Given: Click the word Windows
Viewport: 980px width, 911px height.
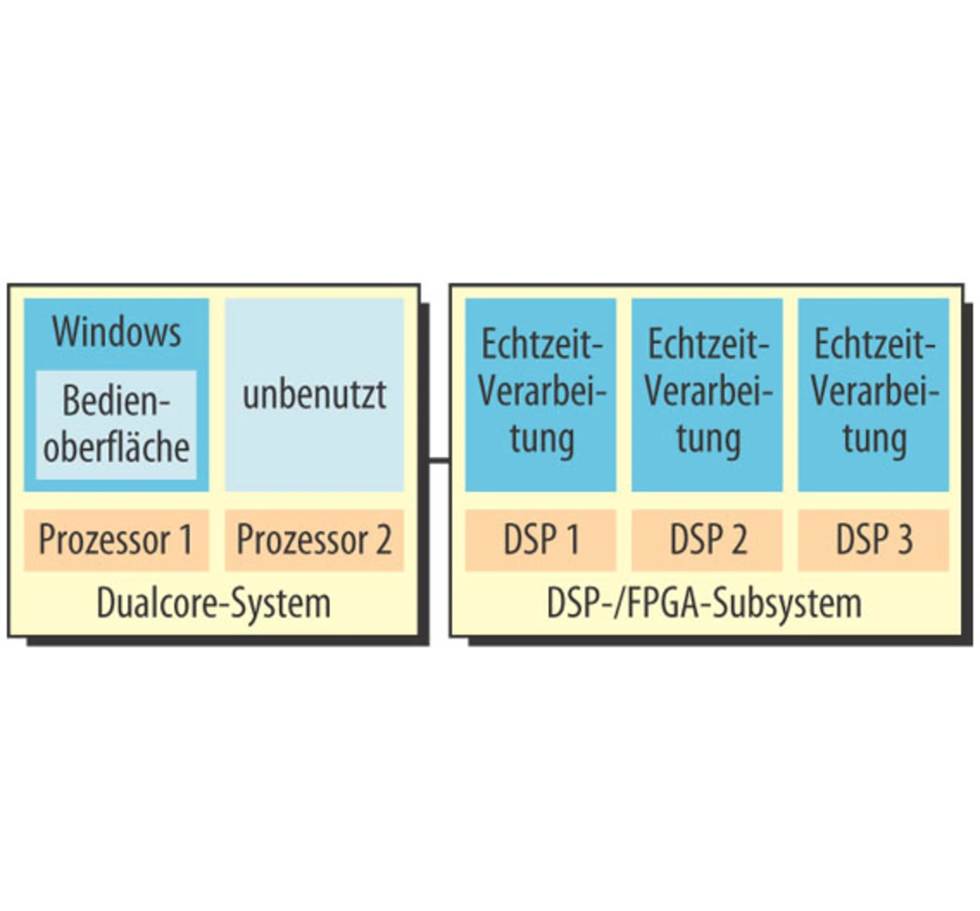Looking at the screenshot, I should point(116,332).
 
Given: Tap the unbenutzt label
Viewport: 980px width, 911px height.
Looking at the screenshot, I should point(314,395).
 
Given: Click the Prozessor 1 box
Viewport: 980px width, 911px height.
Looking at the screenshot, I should point(116,540).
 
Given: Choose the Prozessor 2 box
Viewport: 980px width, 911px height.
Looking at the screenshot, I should point(314,540).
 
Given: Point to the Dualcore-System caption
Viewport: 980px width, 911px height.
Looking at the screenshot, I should point(214,604).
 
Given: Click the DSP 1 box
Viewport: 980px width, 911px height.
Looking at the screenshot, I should point(541,540).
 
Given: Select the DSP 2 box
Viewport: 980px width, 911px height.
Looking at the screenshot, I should point(707,540).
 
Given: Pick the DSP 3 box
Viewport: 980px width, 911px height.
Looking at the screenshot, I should point(874,540).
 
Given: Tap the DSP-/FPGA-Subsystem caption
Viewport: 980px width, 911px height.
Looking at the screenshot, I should point(704,604).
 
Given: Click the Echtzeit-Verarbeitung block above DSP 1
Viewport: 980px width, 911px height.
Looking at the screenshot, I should point(541,394).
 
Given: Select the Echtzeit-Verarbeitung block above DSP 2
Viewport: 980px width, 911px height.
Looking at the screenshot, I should point(707,394).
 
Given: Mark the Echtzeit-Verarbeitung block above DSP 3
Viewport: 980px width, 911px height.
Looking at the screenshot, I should point(874,394).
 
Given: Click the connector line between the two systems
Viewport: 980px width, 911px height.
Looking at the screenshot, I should point(437,460).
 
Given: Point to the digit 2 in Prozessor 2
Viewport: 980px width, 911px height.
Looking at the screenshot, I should point(382,540).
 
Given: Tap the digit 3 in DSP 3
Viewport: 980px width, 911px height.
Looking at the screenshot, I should point(904,540).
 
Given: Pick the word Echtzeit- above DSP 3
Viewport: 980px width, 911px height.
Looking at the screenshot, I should point(874,345).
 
